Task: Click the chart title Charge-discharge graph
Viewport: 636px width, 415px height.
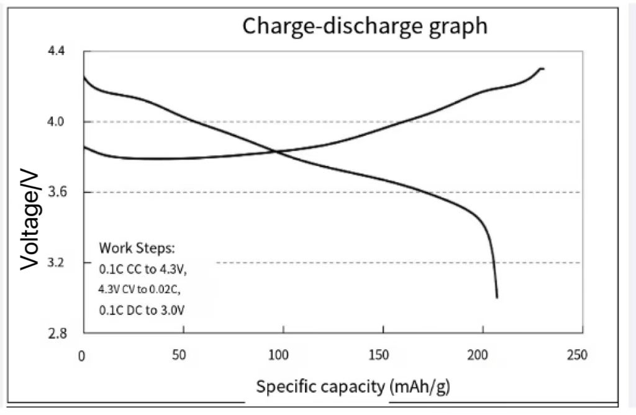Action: coord(365,26)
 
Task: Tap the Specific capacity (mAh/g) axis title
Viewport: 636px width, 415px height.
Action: coord(353,386)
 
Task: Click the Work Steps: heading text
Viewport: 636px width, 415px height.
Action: coord(137,248)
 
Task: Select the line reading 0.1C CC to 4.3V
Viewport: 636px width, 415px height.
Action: coord(142,269)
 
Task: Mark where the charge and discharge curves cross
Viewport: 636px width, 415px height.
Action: coord(277,151)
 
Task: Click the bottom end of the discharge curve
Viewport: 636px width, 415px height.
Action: coord(497,298)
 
